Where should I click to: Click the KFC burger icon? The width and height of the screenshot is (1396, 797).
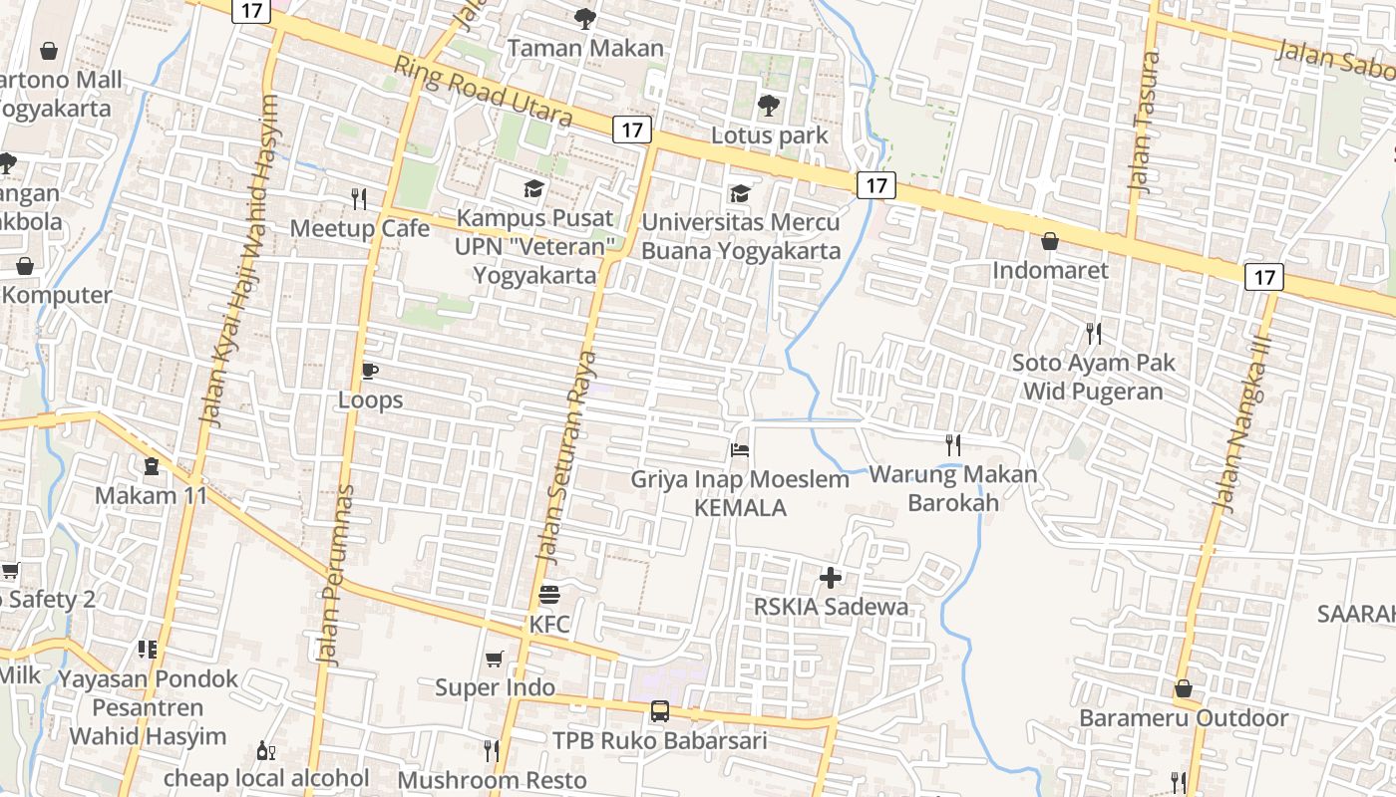pyautogui.click(x=548, y=596)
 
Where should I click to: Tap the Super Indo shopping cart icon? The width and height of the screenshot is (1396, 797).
pyautogui.click(x=494, y=660)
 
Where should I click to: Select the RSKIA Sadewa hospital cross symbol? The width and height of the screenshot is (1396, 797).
pyautogui.click(x=830, y=577)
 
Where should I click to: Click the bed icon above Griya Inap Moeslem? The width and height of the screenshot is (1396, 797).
pyautogui.click(x=739, y=450)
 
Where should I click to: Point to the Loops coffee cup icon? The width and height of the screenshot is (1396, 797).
pyautogui.click(x=370, y=372)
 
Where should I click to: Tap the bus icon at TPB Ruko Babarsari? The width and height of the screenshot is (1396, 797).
pyautogui.click(x=659, y=711)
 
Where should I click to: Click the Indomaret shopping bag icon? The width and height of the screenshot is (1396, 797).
pyautogui.click(x=1049, y=241)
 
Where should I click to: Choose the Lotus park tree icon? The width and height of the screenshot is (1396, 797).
pyautogui.click(x=768, y=105)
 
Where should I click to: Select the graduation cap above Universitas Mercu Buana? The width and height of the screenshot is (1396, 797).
pyautogui.click(x=739, y=192)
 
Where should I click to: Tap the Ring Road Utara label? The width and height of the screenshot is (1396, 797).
pyautogui.click(x=484, y=92)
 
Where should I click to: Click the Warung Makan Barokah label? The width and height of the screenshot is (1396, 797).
pyautogui.click(x=953, y=488)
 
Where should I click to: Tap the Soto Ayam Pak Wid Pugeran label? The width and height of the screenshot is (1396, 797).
pyautogui.click(x=1093, y=377)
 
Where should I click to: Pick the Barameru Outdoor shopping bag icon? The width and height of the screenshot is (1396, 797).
pyautogui.click(x=1183, y=688)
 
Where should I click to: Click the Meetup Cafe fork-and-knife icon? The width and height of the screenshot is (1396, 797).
pyautogui.click(x=359, y=199)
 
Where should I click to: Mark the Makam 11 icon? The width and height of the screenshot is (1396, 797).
pyautogui.click(x=151, y=465)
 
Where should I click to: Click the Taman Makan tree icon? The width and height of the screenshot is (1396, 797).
pyautogui.click(x=585, y=18)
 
